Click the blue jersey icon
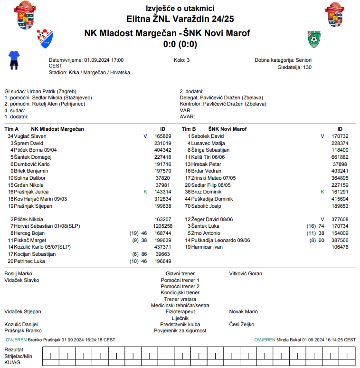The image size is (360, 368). click(x=14, y=60)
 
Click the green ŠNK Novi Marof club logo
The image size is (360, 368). click(x=314, y=39)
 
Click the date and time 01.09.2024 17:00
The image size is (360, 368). click(x=104, y=60)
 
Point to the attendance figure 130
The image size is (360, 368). click(x=307, y=68)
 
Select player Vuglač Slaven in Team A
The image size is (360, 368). click(x=31, y=136)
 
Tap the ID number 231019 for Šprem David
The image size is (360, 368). click(x=163, y=143)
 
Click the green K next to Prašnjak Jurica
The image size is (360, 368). click(x=145, y=192)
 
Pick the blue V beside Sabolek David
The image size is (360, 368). click(x=322, y=136)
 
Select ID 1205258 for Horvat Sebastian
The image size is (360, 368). click(x=162, y=226)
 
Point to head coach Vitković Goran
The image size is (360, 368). click(x=246, y=274)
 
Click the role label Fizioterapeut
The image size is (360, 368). click(x=180, y=312)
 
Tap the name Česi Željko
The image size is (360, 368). click(x=242, y=324)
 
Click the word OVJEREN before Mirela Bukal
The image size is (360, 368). click(x=265, y=340)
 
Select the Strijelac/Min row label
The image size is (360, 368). click(x=19, y=356)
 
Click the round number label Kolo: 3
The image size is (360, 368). click(x=182, y=60)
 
